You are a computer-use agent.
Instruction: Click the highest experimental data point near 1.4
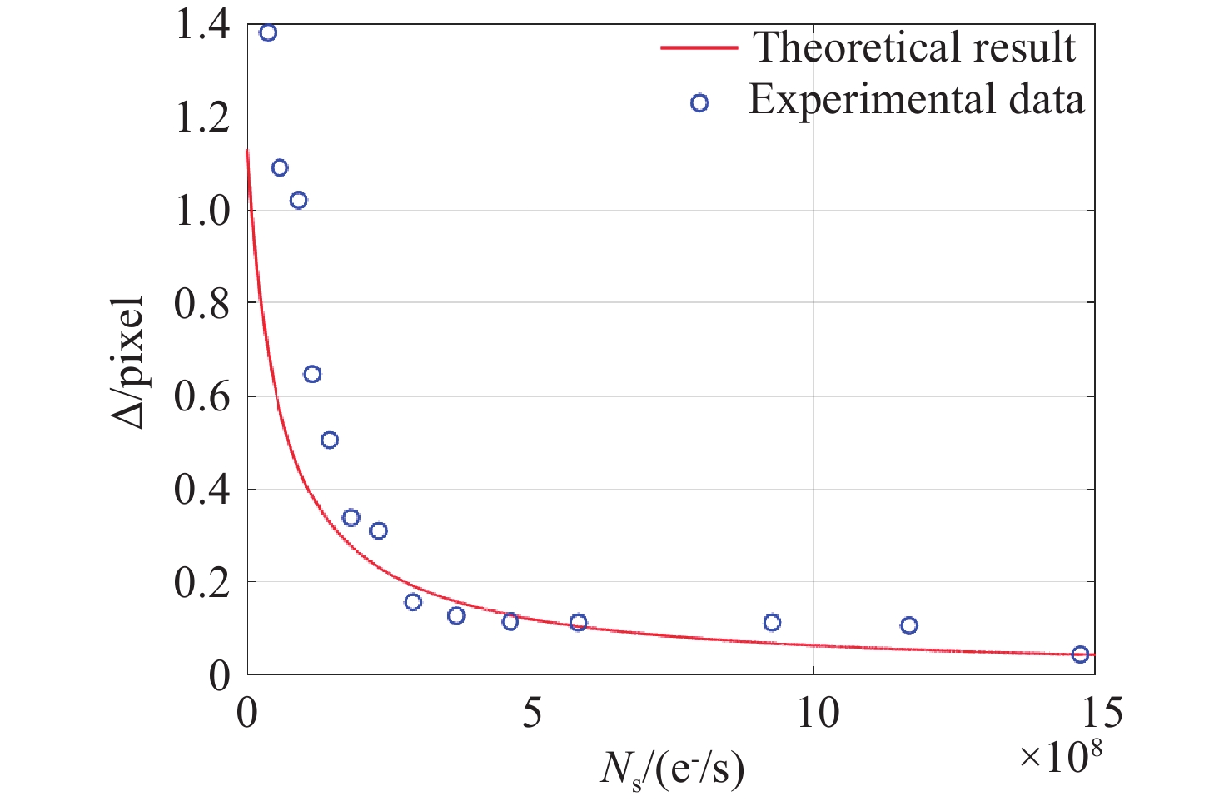(x=268, y=33)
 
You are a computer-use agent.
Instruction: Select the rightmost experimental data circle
(x=1080, y=654)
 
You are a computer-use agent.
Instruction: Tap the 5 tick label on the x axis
(x=531, y=713)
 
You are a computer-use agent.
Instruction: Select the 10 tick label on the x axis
(x=818, y=713)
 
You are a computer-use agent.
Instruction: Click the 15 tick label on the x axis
(x=1093, y=713)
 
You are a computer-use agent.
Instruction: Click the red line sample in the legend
(x=699, y=48)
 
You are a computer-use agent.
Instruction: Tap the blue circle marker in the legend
(x=699, y=103)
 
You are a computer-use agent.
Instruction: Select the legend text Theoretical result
(x=914, y=47)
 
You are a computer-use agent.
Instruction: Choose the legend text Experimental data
(x=916, y=99)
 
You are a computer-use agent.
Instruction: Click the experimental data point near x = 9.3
(x=772, y=623)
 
